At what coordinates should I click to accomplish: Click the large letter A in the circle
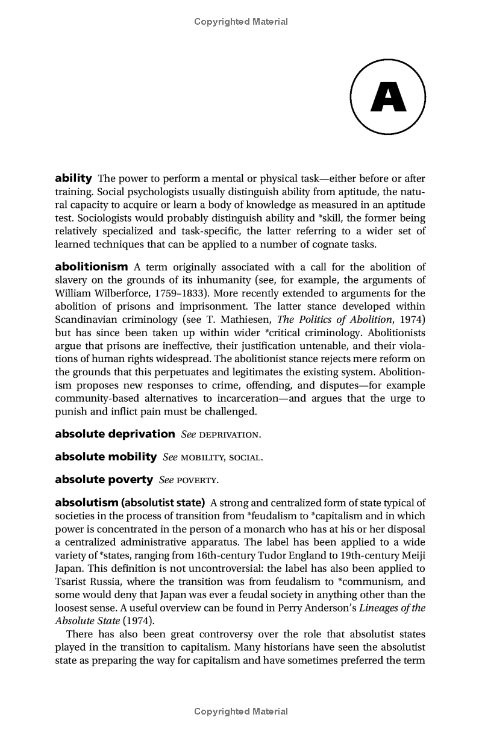388,97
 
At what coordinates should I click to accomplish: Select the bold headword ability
73,178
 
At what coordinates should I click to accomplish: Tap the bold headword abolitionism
91,267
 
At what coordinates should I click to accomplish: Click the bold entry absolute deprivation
114,434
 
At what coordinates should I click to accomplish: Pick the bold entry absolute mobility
105,457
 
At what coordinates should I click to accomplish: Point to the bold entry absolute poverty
104,480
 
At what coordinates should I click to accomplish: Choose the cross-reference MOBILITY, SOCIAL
221,457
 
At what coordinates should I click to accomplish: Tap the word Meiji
413,555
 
